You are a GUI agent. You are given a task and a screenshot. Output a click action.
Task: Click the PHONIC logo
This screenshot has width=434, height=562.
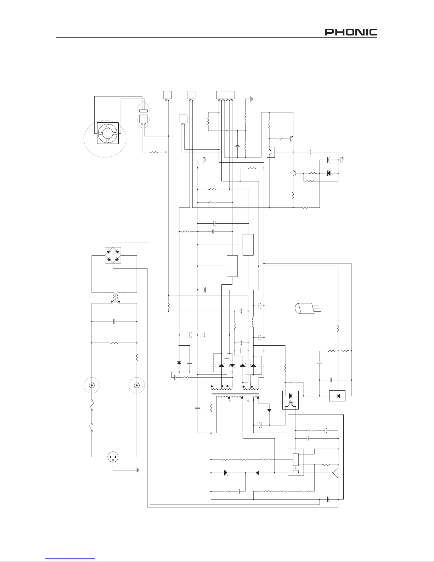351,32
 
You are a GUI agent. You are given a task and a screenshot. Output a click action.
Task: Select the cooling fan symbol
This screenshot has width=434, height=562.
108,133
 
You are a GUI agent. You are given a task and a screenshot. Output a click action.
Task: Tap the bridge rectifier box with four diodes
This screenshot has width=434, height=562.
113,255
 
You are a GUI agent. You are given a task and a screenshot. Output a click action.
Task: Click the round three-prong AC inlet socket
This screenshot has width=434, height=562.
113,457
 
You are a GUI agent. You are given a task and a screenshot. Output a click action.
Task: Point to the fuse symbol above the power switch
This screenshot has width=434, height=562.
92,405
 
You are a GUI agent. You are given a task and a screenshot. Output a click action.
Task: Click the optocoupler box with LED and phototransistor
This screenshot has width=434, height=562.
291,400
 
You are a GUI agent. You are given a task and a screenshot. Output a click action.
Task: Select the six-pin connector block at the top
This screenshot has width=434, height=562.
225,95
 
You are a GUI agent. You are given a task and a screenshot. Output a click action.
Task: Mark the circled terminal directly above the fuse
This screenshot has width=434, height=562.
91,385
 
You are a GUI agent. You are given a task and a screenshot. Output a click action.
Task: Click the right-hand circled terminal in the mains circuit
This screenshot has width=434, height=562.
137,385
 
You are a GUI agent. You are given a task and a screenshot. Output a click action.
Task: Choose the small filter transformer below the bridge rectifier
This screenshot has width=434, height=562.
115,298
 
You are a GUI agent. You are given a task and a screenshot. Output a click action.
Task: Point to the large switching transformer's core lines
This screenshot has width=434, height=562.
235,393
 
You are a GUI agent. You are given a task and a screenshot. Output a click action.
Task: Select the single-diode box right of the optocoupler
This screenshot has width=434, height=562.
337,396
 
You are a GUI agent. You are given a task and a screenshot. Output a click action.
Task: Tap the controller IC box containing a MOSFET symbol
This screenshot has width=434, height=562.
296,462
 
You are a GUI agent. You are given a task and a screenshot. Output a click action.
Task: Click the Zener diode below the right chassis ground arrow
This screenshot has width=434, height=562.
329,173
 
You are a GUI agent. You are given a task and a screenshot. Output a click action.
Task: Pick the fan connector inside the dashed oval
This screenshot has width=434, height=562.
143,119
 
